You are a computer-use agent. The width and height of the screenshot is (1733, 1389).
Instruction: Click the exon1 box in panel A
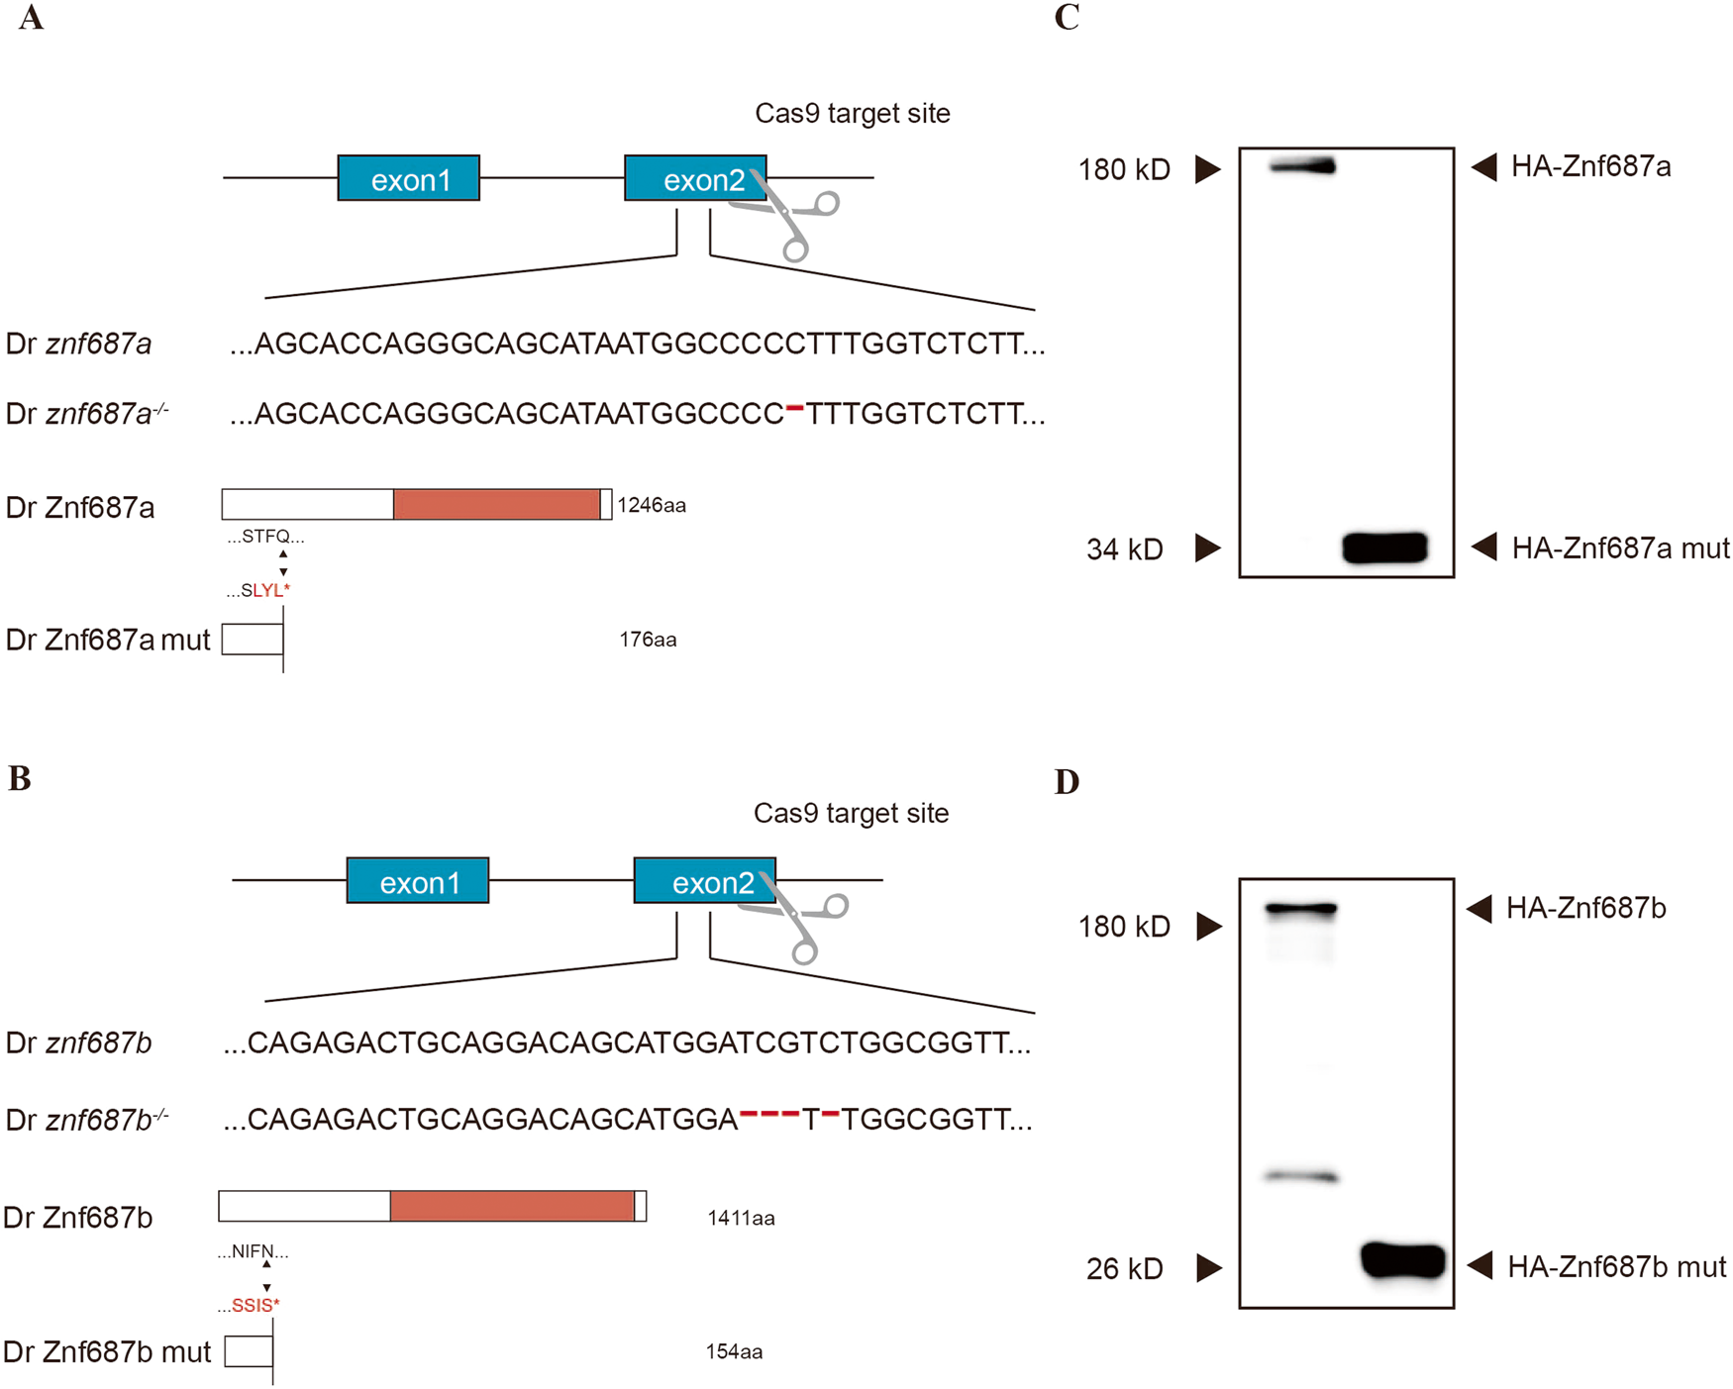408,178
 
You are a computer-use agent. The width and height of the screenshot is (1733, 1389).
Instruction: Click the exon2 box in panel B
704,881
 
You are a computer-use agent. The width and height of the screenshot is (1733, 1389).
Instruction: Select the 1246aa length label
652,506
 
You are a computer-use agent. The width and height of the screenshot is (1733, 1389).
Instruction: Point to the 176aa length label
648,640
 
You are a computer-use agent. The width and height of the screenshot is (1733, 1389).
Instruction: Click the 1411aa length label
741,1218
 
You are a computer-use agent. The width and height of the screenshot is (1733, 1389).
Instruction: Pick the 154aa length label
734,1351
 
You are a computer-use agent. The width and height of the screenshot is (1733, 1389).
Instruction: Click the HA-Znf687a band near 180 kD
1302,167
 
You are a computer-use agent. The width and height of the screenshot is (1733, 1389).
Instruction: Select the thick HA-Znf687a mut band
1384,547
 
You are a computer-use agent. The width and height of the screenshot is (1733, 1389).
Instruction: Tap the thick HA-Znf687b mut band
1402,1260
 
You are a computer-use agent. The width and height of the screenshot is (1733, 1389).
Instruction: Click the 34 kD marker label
1124,549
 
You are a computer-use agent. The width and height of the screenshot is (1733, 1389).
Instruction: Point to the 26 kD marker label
1124,1269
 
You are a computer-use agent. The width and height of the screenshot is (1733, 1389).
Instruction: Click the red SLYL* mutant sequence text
270,591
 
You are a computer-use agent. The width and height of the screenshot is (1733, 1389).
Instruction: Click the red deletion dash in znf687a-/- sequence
794,408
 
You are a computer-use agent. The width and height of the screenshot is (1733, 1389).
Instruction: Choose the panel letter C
1067,17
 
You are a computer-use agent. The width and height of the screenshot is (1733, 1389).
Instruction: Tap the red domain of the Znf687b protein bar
512,1206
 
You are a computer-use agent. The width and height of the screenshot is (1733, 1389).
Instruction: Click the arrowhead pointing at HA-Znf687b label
1479,908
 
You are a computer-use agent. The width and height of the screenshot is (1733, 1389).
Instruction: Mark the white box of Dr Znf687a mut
252,640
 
